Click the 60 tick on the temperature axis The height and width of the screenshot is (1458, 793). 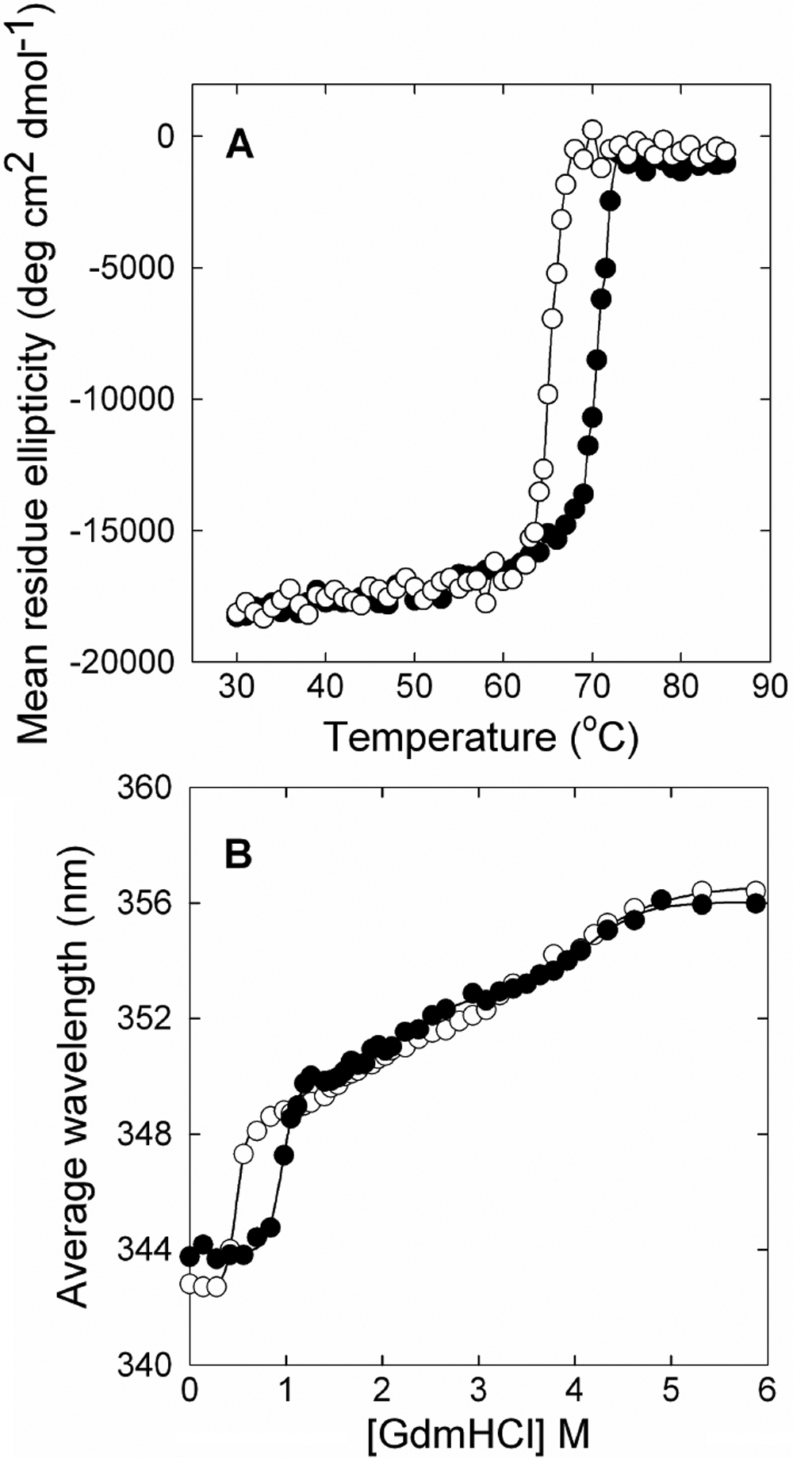point(502,685)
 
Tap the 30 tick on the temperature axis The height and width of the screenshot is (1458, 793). point(236,685)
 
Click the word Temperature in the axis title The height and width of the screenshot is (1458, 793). point(440,737)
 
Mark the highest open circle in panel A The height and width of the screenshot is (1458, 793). point(592,130)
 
